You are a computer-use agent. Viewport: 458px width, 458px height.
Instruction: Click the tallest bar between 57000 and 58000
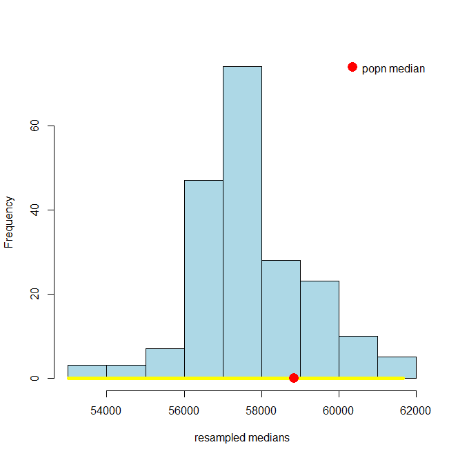(242, 221)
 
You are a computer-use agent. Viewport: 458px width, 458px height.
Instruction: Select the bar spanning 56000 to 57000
(203, 276)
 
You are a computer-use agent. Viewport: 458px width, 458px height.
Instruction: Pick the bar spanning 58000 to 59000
(281, 317)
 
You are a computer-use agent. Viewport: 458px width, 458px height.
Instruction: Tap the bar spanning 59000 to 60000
(319, 328)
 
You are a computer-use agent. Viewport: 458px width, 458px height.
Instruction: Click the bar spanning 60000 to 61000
(358, 356)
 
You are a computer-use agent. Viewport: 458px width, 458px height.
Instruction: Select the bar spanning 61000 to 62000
(397, 366)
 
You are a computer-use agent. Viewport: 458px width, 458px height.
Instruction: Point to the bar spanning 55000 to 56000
(165, 362)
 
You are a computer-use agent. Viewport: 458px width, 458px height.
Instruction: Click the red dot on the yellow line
(294, 378)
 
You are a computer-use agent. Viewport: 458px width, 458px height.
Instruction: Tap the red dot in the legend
(352, 67)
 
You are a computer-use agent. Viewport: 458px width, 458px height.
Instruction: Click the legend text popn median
(393, 68)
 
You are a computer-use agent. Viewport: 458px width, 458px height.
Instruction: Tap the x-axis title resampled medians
(242, 437)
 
